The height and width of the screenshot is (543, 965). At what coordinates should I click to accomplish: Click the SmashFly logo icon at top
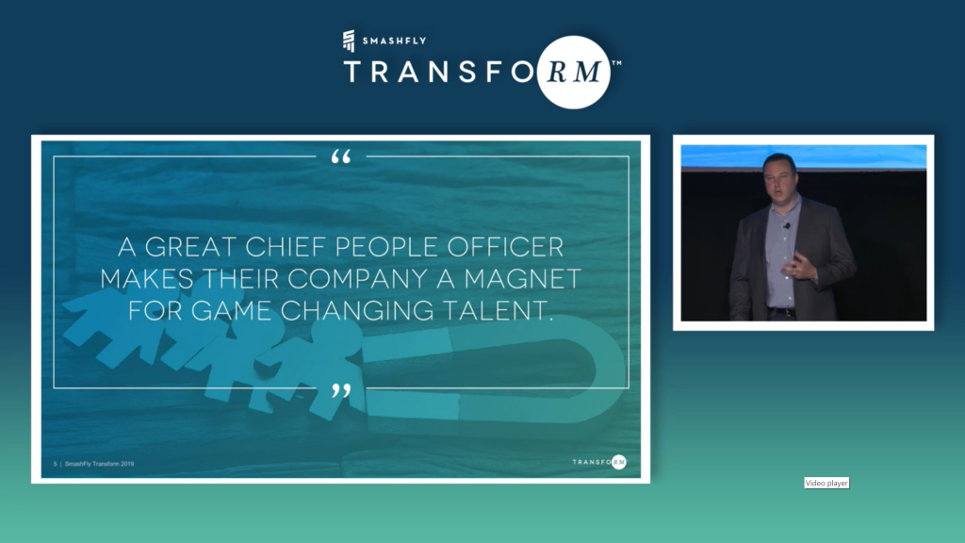[349, 41]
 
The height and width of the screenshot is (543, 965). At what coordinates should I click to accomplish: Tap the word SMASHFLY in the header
[395, 41]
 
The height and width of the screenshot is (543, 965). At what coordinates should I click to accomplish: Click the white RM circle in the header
[574, 72]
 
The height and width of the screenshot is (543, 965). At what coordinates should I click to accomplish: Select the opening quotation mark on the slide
[341, 156]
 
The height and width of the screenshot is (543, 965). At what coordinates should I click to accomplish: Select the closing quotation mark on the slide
[341, 390]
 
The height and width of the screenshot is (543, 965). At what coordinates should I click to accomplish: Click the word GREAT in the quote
[190, 247]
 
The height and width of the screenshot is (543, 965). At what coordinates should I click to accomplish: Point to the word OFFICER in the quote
[505, 247]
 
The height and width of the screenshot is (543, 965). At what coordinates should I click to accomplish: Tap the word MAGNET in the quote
[522, 279]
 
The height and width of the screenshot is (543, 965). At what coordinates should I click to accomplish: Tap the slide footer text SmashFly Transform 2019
[99, 464]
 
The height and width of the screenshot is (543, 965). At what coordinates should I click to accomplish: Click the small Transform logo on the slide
[599, 462]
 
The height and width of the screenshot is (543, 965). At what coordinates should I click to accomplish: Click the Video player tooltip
[826, 483]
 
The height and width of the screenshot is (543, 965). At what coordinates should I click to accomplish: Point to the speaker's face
[780, 176]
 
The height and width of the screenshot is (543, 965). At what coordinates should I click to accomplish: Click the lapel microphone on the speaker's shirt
[787, 226]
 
